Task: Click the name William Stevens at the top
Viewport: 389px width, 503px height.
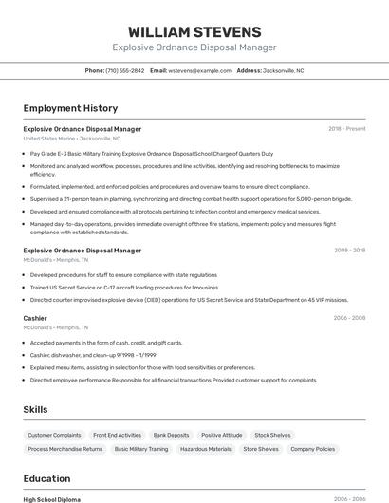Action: pyautogui.click(x=194, y=31)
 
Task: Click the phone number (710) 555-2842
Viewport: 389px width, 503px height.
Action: pyautogui.click(x=125, y=70)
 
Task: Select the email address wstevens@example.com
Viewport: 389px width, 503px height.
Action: pyautogui.click(x=200, y=70)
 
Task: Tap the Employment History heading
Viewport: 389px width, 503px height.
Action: pyautogui.click(x=70, y=108)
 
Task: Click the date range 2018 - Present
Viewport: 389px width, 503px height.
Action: pyautogui.click(x=347, y=128)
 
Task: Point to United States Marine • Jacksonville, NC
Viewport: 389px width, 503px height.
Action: pyautogui.click(x=72, y=138)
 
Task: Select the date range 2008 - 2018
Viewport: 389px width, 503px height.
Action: pyautogui.click(x=349, y=250)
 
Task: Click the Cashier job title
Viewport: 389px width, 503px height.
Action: pyautogui.click(x=35, y=318)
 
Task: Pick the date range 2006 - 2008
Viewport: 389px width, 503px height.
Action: pyautogui.click(x=349, y=318)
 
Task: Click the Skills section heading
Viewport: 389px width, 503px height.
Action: pyautogui.click(x=36, y=409)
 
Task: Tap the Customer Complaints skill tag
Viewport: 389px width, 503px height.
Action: pyautogui.click(x=54, y=435)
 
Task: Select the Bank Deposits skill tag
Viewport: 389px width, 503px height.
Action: pyautogui.click(x=171, y=435)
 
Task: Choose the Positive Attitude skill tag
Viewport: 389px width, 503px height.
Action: pyautogui.click(x=222, y=435)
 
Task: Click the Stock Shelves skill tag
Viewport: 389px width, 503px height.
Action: pyautogui.click(x=273, y=435)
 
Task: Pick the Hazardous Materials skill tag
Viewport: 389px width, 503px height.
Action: pyautogui.click(x=206, y=449)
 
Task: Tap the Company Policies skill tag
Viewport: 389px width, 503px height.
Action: pyautogui.click(x=312, y=449)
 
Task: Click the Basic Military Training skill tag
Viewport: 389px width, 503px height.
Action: pyautogui.click(x=141, y=449)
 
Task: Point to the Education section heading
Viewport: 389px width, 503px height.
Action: pyautogui.click(x=46, y=478)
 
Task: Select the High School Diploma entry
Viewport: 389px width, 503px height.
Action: pyautogui.click(x=52, y=499)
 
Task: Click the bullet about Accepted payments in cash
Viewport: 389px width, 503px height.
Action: pyautogui.click(x=106, y=342)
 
